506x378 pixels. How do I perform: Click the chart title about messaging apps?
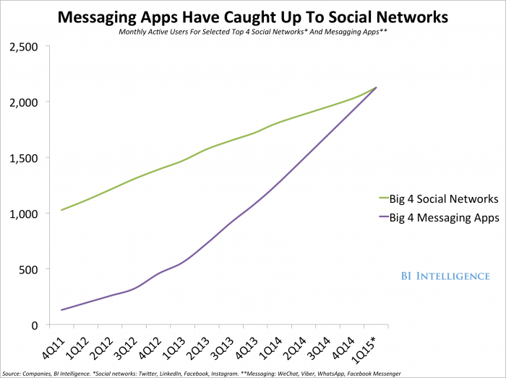pyautogui.click(x=252, y=15)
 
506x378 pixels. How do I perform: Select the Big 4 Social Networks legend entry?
pyautogui.click(x=438, y=198)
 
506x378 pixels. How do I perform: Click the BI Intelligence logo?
pyautogui.click(x=445, y=276)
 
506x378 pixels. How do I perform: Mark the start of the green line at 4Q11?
pyautogui.click(x=61, y=210)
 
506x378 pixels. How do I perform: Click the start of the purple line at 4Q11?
pyautogui.click(x=61, y=310)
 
